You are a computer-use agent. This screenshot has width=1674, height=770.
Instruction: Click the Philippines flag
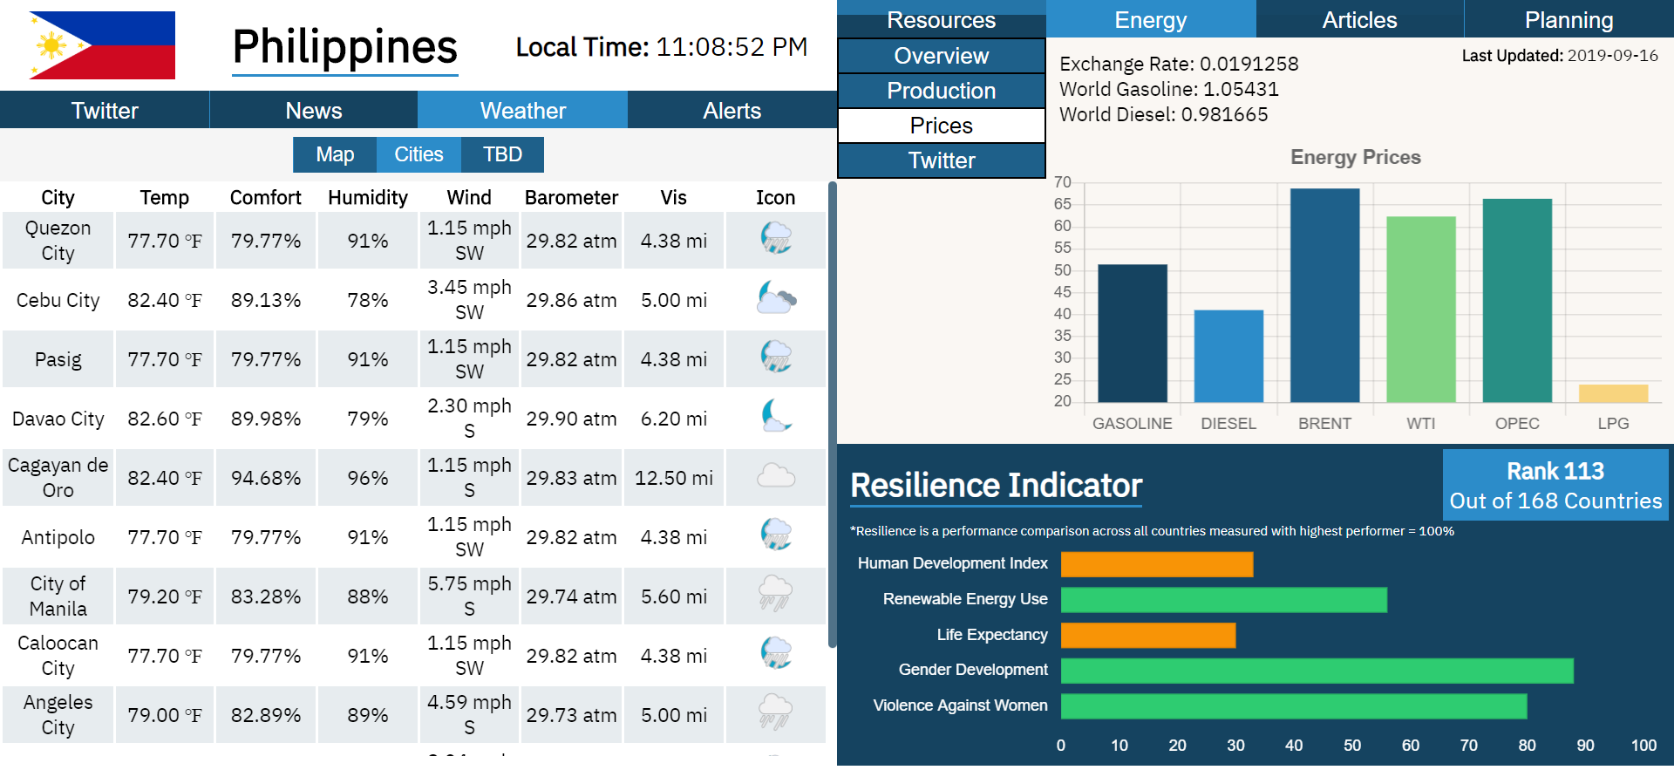pos(102,45)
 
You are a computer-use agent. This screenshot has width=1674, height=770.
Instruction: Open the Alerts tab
pos(732,111)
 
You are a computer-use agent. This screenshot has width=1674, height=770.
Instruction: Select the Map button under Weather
pos(335,154)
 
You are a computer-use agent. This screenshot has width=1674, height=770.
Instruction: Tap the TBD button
pos(502,154)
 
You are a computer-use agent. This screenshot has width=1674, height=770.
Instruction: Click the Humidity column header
pos(367,198)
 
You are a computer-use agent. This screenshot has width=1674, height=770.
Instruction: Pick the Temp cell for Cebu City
pos(164,300)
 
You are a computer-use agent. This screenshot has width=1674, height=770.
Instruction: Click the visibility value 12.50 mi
pos(673,478)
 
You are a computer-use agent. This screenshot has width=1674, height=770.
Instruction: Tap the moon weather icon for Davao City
pos(775,416)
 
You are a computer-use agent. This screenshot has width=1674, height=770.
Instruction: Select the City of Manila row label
pos(58,596)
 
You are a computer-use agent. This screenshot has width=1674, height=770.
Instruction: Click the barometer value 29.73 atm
pos(571,715)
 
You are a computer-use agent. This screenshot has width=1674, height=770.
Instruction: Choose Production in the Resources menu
pos(941,91)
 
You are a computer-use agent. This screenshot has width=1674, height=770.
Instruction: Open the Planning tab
pos(1569,19)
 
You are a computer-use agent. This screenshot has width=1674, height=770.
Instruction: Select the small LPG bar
pos(1613,393)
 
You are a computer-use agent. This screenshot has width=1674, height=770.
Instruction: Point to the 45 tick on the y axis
pos(1062,292)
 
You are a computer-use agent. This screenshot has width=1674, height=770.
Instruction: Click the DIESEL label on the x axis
pos(1228,424)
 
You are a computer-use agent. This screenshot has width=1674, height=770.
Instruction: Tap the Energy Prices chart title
pos(1355,157)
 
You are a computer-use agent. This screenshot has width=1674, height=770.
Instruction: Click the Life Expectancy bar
pos(1147,635)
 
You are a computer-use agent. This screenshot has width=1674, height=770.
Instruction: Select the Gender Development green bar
pos(1317,670)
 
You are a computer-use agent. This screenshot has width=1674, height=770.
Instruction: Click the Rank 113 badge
pos(1555,485)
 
